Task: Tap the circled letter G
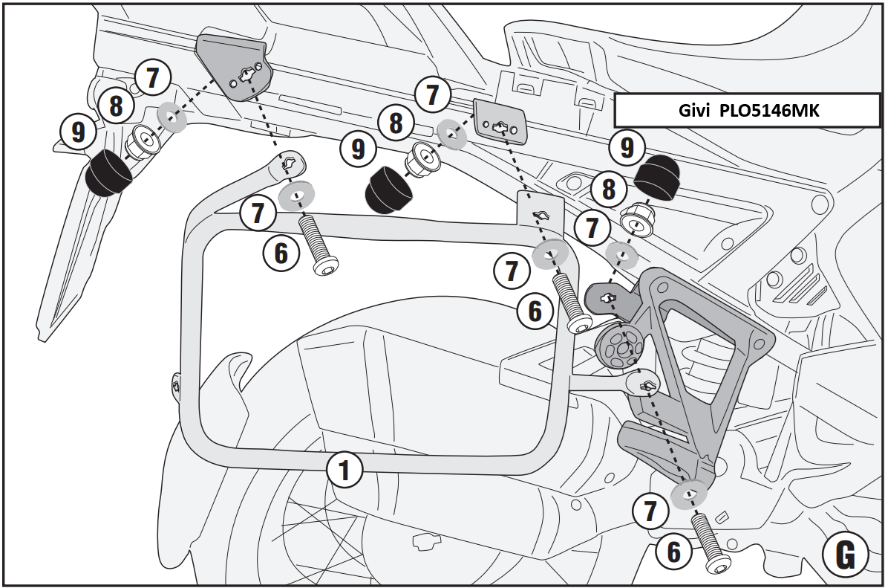[x=844, y=553]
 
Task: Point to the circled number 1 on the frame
[x=344, y=470]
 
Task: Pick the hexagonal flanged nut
[x=636, y=219]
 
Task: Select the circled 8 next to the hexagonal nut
[x=609, y=190]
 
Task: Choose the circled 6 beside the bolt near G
[x=673, y=552]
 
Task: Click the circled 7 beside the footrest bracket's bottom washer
[x=651, y=512]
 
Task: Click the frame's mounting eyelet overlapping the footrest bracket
[x=644, y=384]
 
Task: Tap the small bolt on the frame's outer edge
[x=176, y=384]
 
